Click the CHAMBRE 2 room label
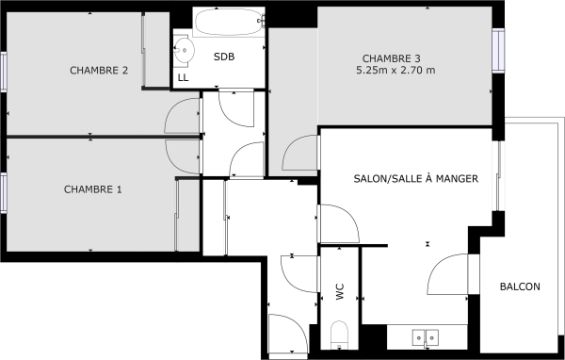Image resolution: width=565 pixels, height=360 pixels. point(99,70)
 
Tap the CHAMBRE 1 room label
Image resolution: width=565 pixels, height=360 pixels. point(93,189)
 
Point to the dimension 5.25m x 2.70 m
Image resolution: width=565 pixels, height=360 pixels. point(395,71)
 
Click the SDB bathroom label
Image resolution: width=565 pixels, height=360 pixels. point(224,57)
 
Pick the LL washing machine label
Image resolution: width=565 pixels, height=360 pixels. point(183,77)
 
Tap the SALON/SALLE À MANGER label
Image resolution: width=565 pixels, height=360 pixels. point(416,178)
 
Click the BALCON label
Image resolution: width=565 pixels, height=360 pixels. point(520,287)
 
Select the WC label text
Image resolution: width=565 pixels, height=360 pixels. point(340,293)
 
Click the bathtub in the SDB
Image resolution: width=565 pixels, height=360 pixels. point(230,23)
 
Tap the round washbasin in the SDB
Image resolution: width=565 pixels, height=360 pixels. point(184,50)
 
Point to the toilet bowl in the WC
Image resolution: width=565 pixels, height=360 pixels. point(340,335)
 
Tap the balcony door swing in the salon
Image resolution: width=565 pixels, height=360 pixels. point(449,275)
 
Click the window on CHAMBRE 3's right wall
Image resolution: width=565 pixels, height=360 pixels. point(499,51)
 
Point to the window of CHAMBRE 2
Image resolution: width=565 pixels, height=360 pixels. point(4,71)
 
